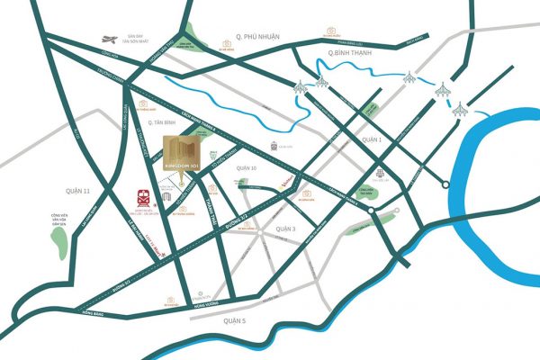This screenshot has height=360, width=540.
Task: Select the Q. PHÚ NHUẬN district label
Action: [257, 35]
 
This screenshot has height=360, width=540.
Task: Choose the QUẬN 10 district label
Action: [247, 167]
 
